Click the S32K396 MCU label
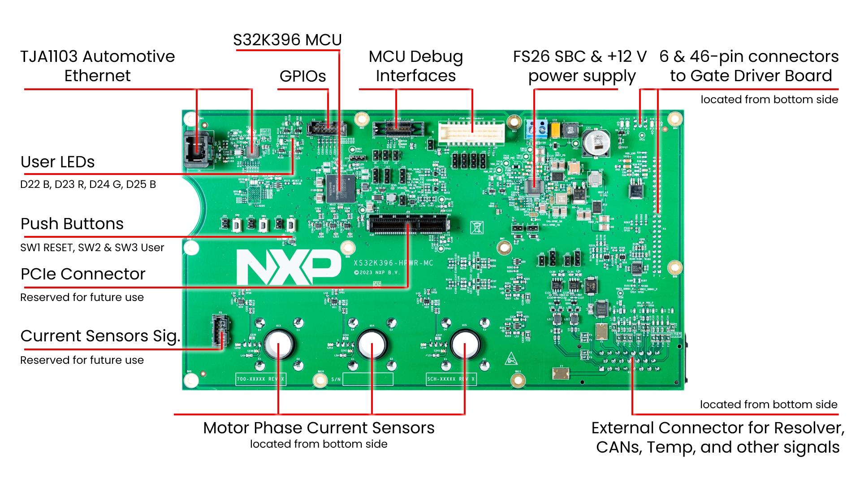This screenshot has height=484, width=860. (x=287, y=40)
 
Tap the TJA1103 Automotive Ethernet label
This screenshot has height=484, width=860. (x=97, y=66)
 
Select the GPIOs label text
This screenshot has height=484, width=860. (x=303, y=76)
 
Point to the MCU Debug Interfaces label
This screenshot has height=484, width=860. (x=415, y=66)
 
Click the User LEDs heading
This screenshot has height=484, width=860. (x=57, y=162)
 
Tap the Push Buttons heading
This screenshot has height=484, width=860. (x=72, y=224)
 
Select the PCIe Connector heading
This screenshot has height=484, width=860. (x=83, y=274)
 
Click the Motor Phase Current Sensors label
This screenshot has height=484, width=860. (x=319, y=428)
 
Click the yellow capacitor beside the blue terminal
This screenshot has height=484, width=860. (x=555, y=130)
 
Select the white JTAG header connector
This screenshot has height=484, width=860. (x=471, y=133)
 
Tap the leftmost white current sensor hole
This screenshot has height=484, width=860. (x=278, y=344)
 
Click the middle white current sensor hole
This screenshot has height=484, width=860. (x=372, y=344)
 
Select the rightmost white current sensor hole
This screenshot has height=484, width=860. (x=465, y=344)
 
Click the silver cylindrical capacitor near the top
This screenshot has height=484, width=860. (x=596, y=143)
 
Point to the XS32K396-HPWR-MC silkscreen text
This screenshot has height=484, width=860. (x=393, y=263)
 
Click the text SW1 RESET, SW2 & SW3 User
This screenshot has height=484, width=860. (x=92, y=248)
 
